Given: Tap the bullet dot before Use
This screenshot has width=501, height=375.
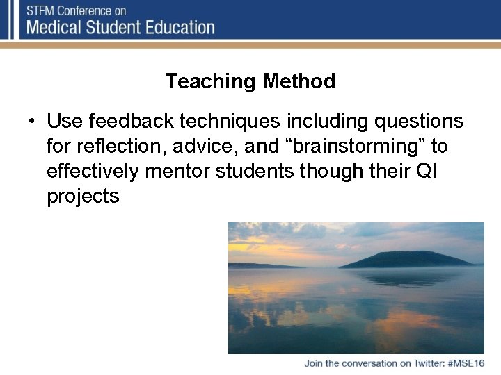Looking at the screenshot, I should coord(33,122).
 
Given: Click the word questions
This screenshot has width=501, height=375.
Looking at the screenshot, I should coord(419,121).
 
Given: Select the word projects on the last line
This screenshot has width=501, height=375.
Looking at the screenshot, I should coord(83,197).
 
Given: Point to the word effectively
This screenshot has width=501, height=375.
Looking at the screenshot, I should coord(86,172).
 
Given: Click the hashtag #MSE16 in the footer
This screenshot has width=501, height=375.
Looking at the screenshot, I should coord(466,364).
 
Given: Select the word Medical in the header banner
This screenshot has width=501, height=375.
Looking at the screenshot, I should coord(59,28).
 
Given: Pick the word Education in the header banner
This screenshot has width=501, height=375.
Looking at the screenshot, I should coord(179,28).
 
